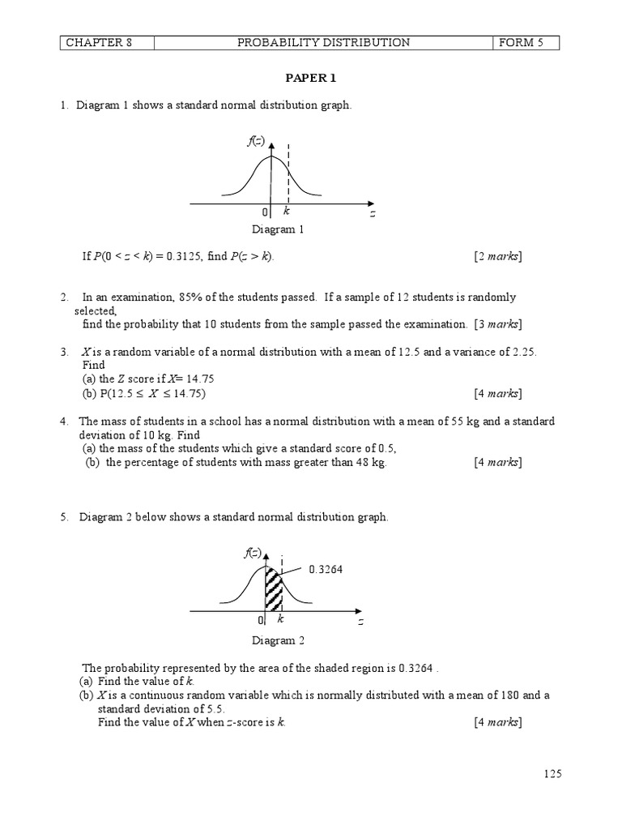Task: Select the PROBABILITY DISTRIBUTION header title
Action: tap(323, 43)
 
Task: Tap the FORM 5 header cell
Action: tap(519, 43)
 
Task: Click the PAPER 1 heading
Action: tap(312, 79)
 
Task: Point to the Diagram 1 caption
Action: tap(277, 229)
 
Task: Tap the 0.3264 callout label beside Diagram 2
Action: tap(326, 570)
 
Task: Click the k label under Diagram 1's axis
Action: tap(287, 211)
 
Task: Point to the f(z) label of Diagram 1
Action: tap(256, 142)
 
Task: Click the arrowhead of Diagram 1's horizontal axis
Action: tap(369, 203)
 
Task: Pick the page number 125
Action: tap(552, 774)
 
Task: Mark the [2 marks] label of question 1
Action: tap(498, 257)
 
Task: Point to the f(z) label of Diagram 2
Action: tap(253, 554)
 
